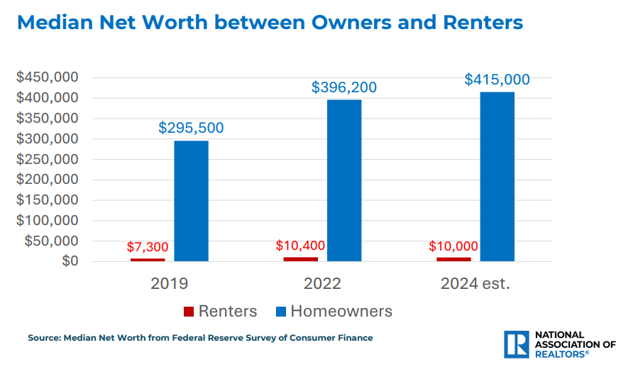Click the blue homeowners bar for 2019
point(191,201)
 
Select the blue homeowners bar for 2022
point(344,180)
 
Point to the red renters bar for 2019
point(148,259)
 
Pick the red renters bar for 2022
point(301,258)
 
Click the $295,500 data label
point(191,128)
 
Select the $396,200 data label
point(344,88)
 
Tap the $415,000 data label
point(497,80)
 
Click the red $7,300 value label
point(148,247)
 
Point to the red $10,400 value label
point(300,246)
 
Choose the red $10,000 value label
point(454,247)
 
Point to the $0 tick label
point(69,261)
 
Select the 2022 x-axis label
point(322,284)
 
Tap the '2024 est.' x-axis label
point(475,284)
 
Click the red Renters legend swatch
point(189,312)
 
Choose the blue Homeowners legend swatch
point(280,312)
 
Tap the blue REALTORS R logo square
point(515,344)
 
